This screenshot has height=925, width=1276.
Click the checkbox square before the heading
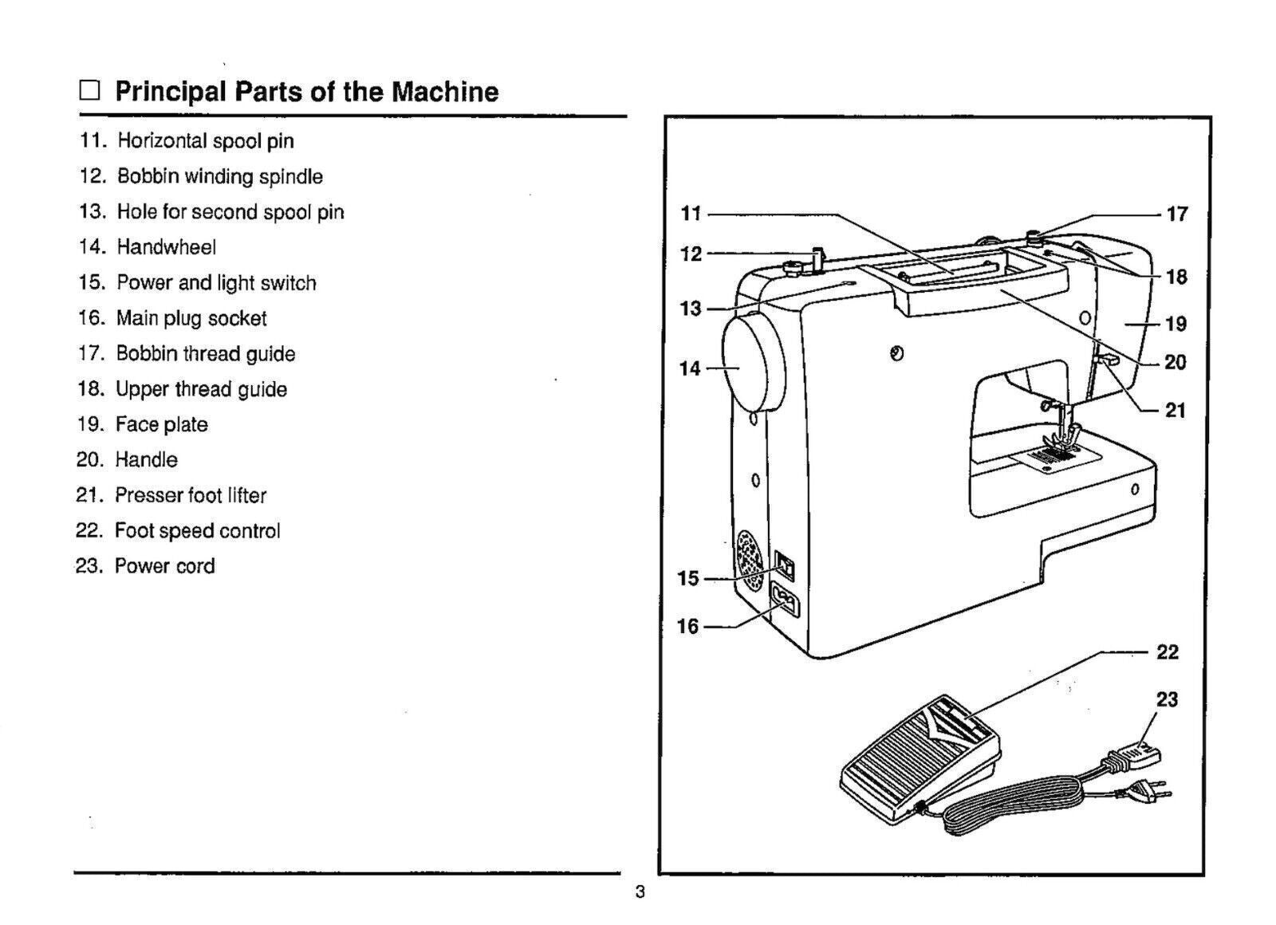click(x=89, y=91)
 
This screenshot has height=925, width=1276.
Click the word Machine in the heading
click(x=444, y=92)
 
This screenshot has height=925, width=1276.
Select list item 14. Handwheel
click(x=147, y=247)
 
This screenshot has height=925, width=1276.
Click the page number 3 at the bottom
click(x=640, y=892)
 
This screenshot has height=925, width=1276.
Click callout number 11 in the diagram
click(x=691, y=214)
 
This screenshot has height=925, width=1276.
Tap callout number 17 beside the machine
click(x=1176, y=214)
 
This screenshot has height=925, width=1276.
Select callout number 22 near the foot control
click(x=1167, y=652)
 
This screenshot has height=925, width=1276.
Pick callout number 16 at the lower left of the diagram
click(x=687, y=627)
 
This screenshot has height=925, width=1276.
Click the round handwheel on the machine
click(x=752, y=363)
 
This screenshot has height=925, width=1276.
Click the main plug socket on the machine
click(x=785, y=602)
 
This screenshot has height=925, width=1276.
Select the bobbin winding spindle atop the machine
click(x=817, y=260)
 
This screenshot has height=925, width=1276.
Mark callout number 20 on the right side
click(x=1176, y=363)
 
